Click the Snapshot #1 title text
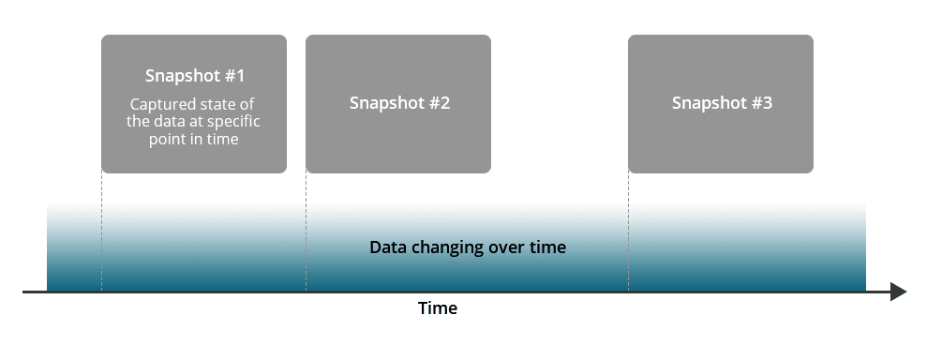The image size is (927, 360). click(194, 76)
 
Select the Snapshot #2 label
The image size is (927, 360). click(399, 103)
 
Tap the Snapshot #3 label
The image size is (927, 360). click(722, 103)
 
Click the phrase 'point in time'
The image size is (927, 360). click(194, 139)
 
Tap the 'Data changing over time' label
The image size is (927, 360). click(468, 248)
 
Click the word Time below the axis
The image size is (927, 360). click(438, 308)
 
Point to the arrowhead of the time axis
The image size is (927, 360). click(898, 292)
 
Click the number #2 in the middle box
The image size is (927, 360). click(440, 103)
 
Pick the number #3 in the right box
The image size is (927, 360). click(761, 103)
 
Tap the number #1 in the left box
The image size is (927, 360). click(233, 76)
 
